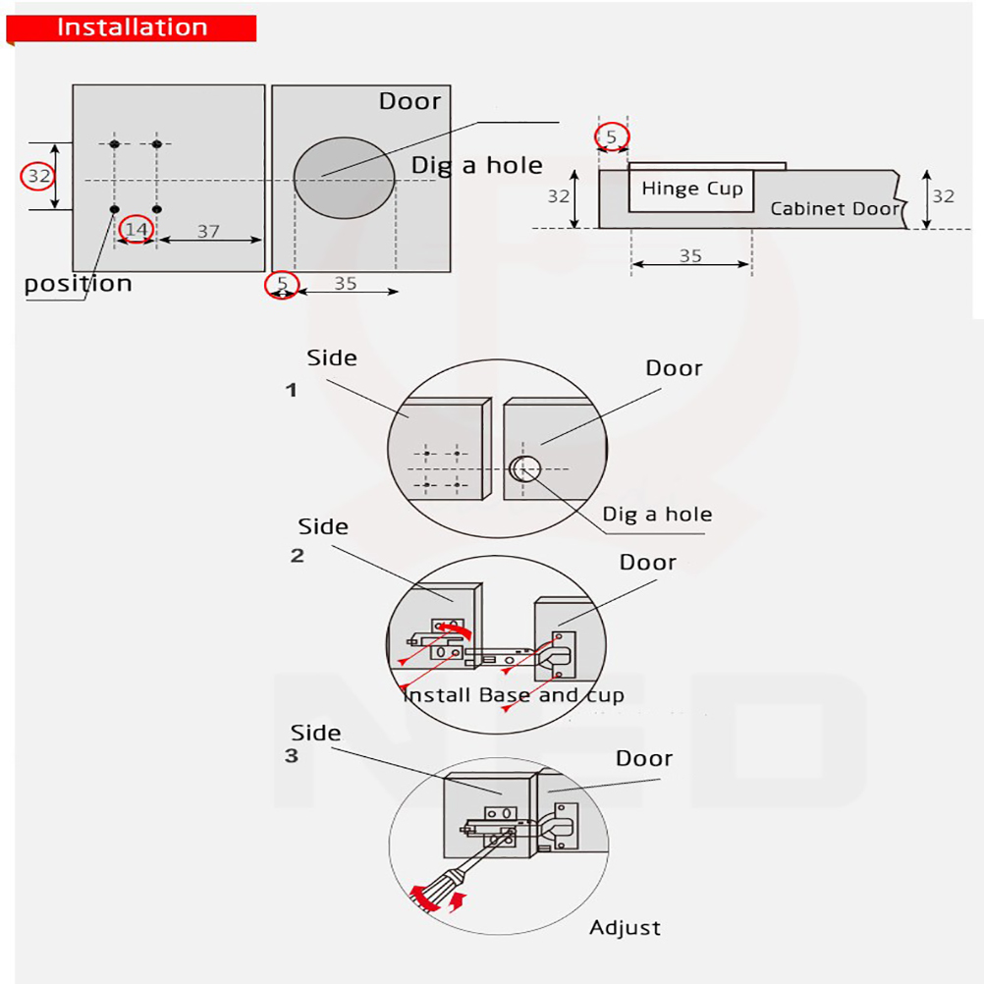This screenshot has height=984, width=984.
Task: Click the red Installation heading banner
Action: [x=132, y=27]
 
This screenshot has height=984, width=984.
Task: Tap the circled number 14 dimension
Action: [x=137, y=230]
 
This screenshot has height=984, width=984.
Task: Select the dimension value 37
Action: [x=208, y=231]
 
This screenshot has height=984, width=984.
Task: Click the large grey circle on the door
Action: [x=344, y=178]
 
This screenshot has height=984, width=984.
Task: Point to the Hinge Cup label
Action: [x=692, y=189]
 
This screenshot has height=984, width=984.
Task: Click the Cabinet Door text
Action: [x=835, y=208]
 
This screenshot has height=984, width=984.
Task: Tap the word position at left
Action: [x=78, y=284]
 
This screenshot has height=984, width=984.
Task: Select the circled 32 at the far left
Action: [x=38, y=177]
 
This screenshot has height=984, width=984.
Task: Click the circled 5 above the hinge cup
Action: [x=611, y=137]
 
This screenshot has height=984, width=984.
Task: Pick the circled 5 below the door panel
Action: [x=282, y=284]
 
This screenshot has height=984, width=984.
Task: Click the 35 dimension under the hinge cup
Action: [x=690, y=255]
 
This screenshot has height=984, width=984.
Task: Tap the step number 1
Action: [x=291, y=390]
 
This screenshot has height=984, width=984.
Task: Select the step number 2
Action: [x=298, y=555]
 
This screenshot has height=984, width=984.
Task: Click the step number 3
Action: [x=291, y=756]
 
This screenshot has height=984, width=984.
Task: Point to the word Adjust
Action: [x=625, y=927]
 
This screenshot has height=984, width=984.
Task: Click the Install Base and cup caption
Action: [x=513, y=695]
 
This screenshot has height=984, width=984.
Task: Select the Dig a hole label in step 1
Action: [x=657, y=514]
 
